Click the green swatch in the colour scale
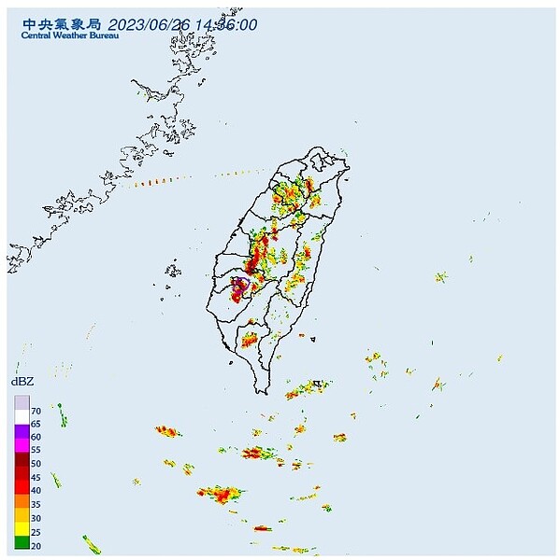22,541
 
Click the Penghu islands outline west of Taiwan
173,272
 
